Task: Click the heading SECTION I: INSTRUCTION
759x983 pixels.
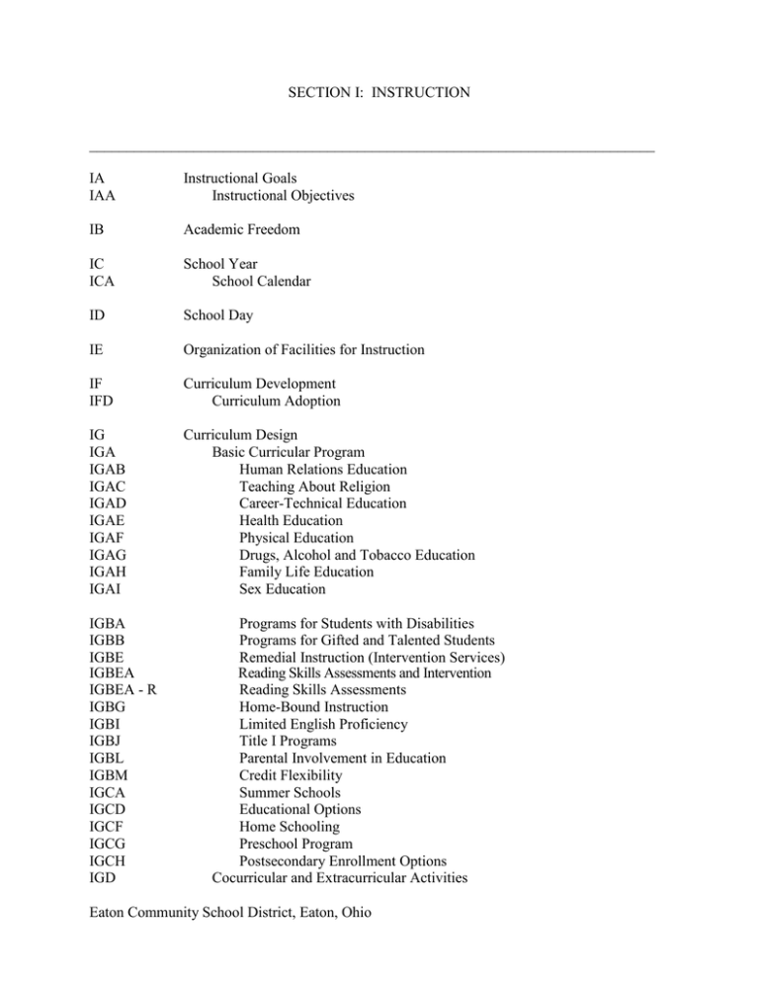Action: point(379,94)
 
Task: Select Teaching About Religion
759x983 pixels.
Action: point(314,487)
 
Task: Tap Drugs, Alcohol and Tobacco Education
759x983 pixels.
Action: point(357,555)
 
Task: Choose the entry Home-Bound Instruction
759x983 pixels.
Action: point(313,707)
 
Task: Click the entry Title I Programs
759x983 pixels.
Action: point(288,741)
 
